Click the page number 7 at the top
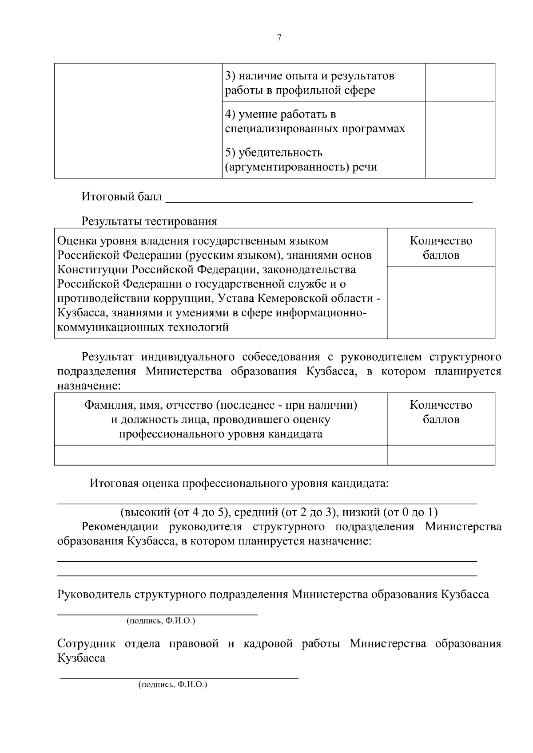pos(279,38)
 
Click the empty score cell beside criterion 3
pos(460,83)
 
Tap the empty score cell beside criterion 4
pos(460,121)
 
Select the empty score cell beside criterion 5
pos(460,159)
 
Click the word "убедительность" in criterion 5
pos(280,153)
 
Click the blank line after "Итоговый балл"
pos(318,198)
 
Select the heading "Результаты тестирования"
pos(149,221)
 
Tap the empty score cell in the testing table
pos(441,302)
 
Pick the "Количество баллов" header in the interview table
pos(441,412)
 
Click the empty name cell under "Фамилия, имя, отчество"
pos(220,455)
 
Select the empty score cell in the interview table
pos(441,455)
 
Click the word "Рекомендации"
pos(120,527)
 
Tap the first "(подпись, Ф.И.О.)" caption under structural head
pos(161,621)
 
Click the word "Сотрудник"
pos(87,644)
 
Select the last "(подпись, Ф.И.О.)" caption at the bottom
pos(173,685)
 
